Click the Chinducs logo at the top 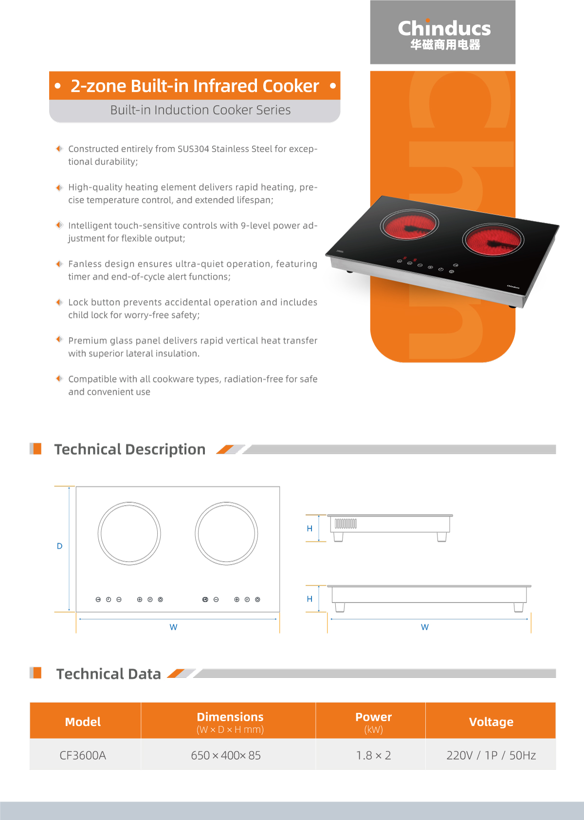click(x=444, y=34)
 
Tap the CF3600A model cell click(x=83, y=755)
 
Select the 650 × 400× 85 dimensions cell click(x=226, y=755)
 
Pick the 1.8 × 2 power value click(x=373, y=755)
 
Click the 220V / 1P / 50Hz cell click(x=491, y=755)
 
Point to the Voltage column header click(x=491, y=722)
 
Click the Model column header click(x=83, y=722)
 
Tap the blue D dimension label click(x=60, y=546)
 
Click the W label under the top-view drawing click(x=174, y=627)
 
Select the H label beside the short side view click(x=310, y=528)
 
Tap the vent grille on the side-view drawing click(x=346, y=524)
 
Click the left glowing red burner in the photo click(x=409, y=224)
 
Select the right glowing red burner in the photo click(x=493, y=240)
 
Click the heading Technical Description click(x=130, y=449)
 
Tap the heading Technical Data click(x=109, y=674)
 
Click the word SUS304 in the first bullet click(x=193, y=148)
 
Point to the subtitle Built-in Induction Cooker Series click(x=201, y=110)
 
